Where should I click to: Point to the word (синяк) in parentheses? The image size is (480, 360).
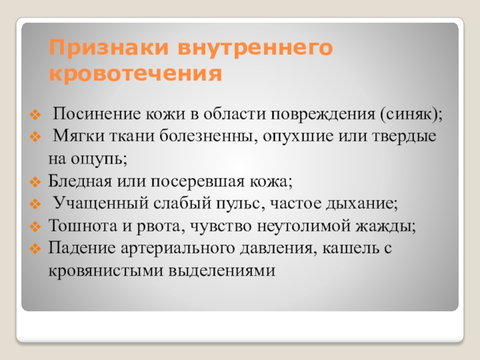coord(410,115)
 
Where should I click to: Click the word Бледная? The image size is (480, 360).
coord(80,181)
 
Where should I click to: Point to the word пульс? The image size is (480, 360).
coord(238,203)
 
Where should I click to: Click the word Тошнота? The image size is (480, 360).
coord(83,226)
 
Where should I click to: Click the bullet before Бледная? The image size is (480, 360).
coord(35,183)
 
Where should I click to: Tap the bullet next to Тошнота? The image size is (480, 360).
coord(35,227)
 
